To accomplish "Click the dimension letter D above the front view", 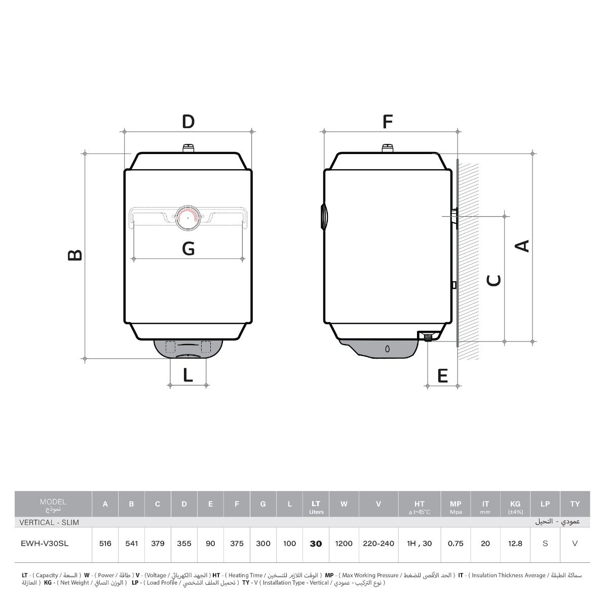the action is pyautogui.click(x=188, y=122).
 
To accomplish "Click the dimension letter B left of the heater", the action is pyautogui.click(x=75, y=255).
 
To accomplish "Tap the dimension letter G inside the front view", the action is pyautogui.click(x=188, y=248).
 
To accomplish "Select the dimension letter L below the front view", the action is pyautogui.click(x=188, y=375).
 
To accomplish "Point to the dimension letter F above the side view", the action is pyautogui.click(x=388, y=122).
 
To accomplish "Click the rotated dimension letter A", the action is pyautogui.click(x=522, y=246).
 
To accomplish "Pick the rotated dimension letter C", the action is pyautogui.click(x=494, y=281).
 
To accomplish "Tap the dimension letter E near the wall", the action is pyautogui.click(x=443, y=375).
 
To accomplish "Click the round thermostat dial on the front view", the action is pyautogui.click(x=188, y=218).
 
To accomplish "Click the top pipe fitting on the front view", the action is pyautogui.click(x=188, y=148).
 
